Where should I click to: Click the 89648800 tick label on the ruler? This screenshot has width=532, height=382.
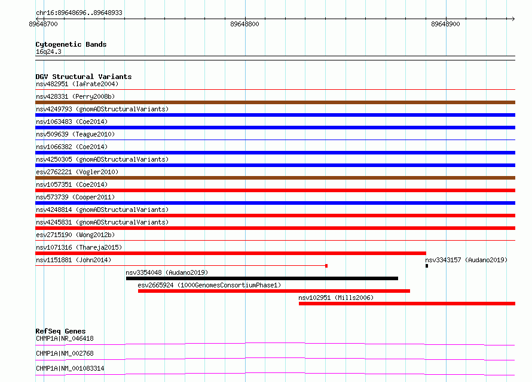(x=244, y=24)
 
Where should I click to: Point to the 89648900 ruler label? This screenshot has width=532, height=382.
(x=445, y=24)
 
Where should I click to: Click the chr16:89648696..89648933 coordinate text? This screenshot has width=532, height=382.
(x=79, y=13)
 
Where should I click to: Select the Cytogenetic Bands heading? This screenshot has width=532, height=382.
(x=71, y=44)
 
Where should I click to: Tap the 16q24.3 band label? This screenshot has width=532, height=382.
(x=48, y=51)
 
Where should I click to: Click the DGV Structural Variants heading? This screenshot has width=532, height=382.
(x=84, y=77)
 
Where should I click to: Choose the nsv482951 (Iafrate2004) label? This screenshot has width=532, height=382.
(x=77, y=84)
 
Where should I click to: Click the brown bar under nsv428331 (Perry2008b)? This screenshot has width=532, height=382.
(x=275, y=102)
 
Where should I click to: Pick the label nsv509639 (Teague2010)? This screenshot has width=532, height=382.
(x=75, y=134)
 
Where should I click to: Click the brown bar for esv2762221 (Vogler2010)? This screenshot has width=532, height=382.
(x=275, y=178)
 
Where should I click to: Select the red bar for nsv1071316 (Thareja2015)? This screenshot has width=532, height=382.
(x=231, y=253)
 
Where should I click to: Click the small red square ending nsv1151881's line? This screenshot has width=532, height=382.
(x=326, y=266)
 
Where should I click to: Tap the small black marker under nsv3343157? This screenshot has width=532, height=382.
(x=427, y=266)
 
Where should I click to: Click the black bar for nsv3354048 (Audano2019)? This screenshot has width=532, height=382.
(x=262, y=278)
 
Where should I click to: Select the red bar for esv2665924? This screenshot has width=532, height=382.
(x=274, y=291)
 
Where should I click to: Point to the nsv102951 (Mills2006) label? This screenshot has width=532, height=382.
(x=336, y=298)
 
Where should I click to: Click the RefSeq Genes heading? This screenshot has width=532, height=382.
(x=60, y=331)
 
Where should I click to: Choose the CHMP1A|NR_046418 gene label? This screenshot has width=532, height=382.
(x=65, y=338)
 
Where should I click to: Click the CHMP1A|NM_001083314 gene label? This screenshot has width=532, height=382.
(x=70, y=368)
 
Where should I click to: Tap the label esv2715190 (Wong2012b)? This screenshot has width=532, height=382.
(x=75, y=235)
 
